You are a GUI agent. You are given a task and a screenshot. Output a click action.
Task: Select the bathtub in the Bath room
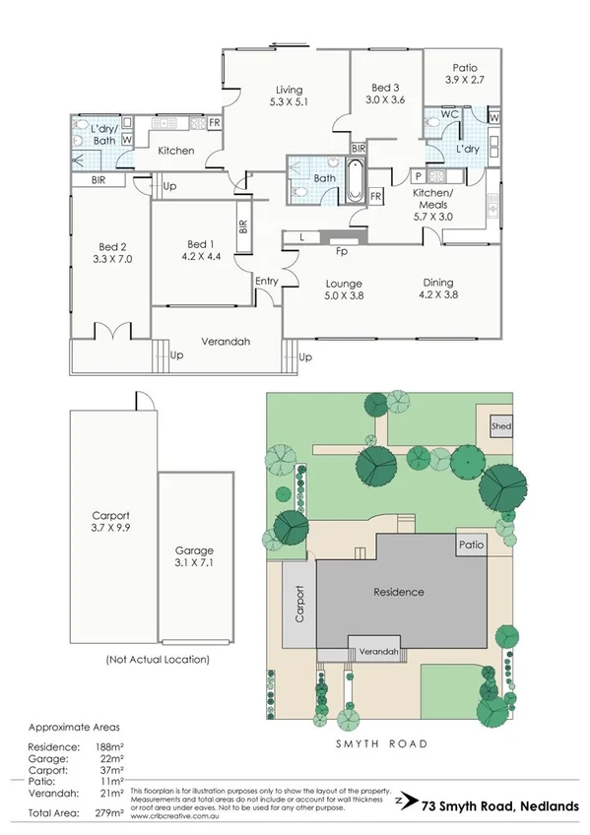click(x=354, y=179)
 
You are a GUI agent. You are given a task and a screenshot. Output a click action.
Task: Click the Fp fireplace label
click(x=342, y=250)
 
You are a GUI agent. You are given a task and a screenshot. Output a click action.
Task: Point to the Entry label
click(x=266, y=282)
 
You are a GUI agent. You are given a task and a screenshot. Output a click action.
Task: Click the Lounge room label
click(x=345, y=281)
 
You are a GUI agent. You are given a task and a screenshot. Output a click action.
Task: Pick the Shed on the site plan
click(x=501, y=426)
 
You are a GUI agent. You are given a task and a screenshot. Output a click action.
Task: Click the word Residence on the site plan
click(x=399, y=592)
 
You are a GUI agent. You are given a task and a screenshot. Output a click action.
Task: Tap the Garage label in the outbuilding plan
click(x=194, y=550)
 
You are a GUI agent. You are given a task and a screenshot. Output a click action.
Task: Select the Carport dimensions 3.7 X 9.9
click(x=110, y=529)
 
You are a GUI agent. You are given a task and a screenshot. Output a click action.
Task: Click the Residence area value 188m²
click(x=108, y=745)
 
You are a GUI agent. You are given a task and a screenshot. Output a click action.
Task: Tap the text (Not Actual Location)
click(x=157, y=659)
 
